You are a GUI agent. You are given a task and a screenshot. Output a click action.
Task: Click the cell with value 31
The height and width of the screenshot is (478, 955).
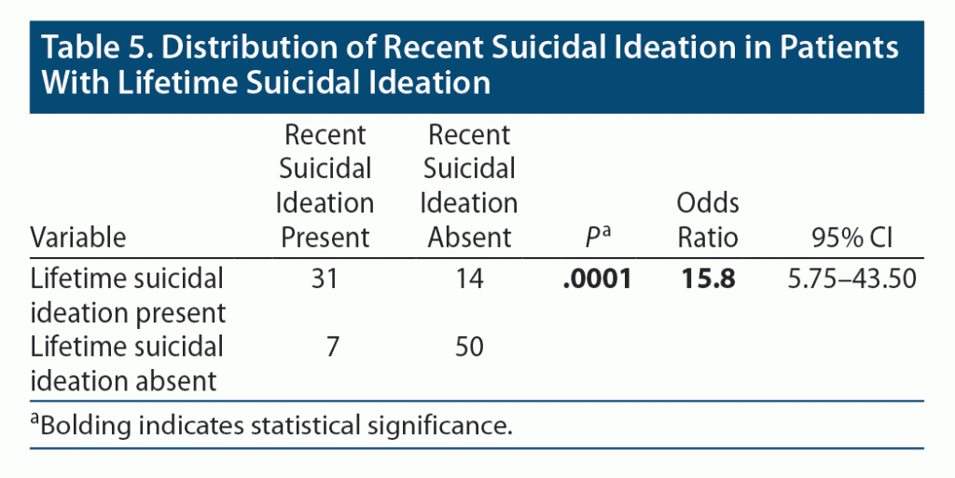click(x=326, y=279)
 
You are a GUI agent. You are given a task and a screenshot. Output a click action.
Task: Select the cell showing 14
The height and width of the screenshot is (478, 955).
click(x=470, y=279)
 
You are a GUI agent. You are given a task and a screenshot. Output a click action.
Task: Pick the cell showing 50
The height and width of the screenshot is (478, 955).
click(x=470, y=347)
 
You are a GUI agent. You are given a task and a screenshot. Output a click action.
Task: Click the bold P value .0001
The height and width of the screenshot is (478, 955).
click(x=597, y=279)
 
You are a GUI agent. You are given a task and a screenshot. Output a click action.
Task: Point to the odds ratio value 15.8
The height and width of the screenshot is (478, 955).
click(x=706, y=279)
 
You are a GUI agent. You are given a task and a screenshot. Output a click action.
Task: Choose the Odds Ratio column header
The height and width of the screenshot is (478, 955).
click(x=706, y=220)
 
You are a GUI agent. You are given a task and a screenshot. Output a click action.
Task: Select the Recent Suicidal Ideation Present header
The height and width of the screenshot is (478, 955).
click(x=326, y=186)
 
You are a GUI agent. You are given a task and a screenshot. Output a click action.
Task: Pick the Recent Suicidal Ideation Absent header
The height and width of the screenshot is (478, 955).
click(x=470, y=186)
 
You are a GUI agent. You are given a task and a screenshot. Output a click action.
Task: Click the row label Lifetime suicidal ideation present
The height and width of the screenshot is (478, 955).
click(x=128, y=294)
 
